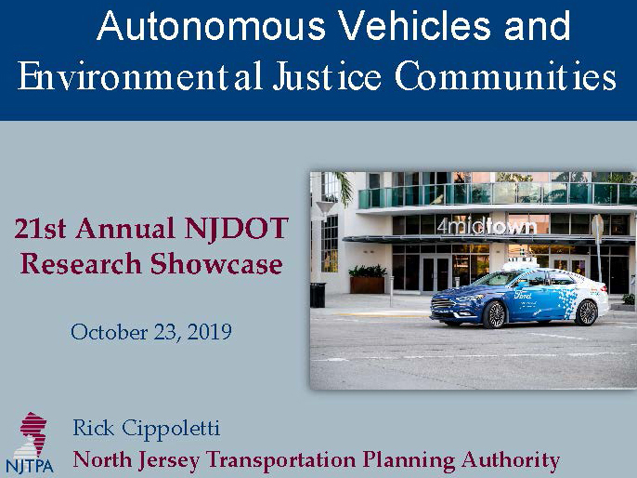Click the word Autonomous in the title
(212, 26)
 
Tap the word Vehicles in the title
(414, 26)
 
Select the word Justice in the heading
(327, 76)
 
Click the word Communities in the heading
(505, 76)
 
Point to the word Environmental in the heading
(139, 76)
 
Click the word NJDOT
(236, 229)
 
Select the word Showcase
(216, 263)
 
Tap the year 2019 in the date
(209, 332)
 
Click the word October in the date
(109, 332)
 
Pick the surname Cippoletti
(171, 428)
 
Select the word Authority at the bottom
(511, 461)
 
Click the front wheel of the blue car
(494, 314)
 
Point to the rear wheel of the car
(587, 312)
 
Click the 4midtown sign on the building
(487, 225)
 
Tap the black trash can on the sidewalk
(318, 295)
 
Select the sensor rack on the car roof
(520, 263)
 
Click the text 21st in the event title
(40, 229)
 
